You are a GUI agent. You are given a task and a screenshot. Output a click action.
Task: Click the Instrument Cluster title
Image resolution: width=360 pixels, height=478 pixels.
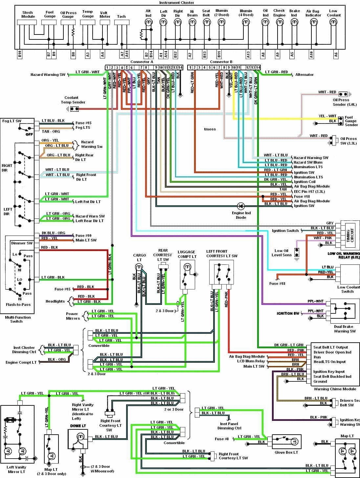pos(176,3)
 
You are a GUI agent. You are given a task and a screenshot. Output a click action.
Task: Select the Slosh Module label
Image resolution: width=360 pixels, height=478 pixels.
pos(28,14)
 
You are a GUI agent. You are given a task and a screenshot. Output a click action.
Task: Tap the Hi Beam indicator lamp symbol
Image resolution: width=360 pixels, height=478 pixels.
pos(192,23)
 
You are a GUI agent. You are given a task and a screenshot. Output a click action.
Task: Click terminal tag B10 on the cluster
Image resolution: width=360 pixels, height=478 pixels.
pos(20,55)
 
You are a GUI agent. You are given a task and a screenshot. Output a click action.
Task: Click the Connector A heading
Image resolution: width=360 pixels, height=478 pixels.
pos(142,62)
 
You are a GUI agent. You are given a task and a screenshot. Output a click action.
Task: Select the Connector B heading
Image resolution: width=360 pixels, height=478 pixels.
pos(221,62)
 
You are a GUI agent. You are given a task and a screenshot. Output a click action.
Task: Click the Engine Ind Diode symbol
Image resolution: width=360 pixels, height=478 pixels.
pos(241,206)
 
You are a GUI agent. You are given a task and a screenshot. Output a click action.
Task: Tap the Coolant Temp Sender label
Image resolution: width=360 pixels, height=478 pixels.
pos(73,100)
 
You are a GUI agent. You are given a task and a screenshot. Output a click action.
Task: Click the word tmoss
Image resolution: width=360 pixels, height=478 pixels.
pos(210,129)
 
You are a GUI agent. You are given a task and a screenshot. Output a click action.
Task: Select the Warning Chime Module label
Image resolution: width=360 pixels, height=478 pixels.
pos(335,389)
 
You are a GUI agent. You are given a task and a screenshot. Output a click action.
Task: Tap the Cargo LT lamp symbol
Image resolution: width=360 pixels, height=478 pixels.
pos(139,266)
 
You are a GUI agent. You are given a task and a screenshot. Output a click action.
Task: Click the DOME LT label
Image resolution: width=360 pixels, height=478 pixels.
pos(78,426)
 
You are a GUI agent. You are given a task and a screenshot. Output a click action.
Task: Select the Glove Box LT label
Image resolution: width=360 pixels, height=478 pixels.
pos(286,452)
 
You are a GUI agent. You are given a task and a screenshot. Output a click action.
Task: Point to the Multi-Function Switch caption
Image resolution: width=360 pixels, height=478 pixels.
pos(18,319)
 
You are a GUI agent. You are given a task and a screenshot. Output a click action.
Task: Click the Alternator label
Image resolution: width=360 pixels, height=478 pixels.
pos(304,75)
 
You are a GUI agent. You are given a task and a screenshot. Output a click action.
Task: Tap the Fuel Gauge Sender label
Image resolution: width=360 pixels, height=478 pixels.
pos(351,121)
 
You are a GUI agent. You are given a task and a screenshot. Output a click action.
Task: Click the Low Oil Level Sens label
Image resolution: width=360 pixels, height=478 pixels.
pos(281,253)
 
